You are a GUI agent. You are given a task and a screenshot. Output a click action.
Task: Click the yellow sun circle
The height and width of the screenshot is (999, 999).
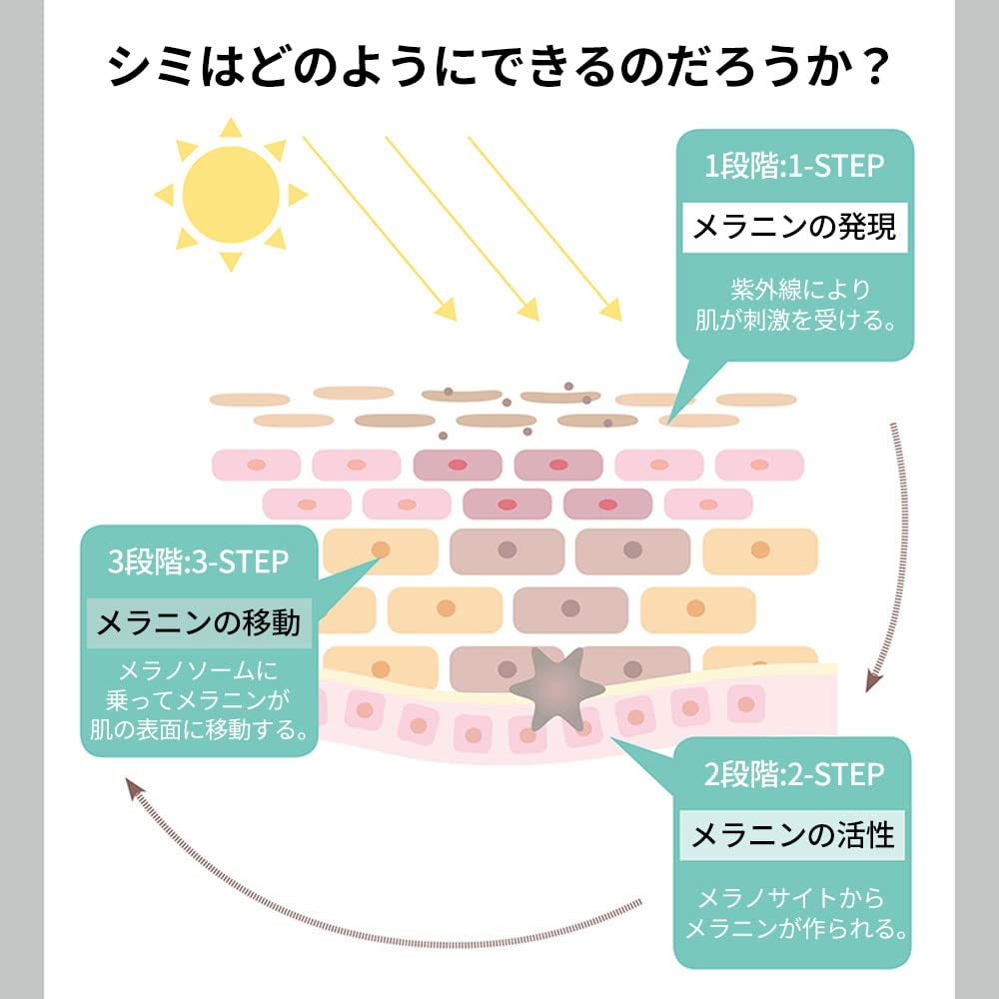(x=231, y=194)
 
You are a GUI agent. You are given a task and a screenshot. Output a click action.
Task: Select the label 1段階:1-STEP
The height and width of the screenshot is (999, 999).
(x=795, y=165)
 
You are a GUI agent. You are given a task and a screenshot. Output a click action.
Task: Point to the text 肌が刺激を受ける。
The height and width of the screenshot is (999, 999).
(x=795, y=321)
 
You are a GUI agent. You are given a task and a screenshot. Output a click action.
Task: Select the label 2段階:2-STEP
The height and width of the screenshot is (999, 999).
(x=794, y=774)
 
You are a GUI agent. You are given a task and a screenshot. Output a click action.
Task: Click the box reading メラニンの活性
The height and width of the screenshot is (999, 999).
(x=793, y=834)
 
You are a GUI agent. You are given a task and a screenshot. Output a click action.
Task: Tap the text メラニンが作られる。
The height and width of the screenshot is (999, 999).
(x=794, y=928)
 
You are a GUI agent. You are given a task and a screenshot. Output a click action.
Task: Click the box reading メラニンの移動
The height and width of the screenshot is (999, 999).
(x=198, y=623)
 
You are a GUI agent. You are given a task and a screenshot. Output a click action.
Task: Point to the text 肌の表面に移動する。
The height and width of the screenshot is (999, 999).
(x=199, y=726)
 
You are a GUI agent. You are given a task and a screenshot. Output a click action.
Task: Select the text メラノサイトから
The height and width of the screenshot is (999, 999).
(x=792, y=896)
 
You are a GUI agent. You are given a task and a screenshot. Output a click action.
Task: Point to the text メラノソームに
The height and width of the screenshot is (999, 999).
(x=198, y=669)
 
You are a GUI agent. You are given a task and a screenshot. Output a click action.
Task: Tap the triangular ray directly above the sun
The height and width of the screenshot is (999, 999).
(x=231, y=127)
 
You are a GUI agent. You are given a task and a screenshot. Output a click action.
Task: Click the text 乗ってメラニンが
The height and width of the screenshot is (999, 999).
(x=198, y=697)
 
